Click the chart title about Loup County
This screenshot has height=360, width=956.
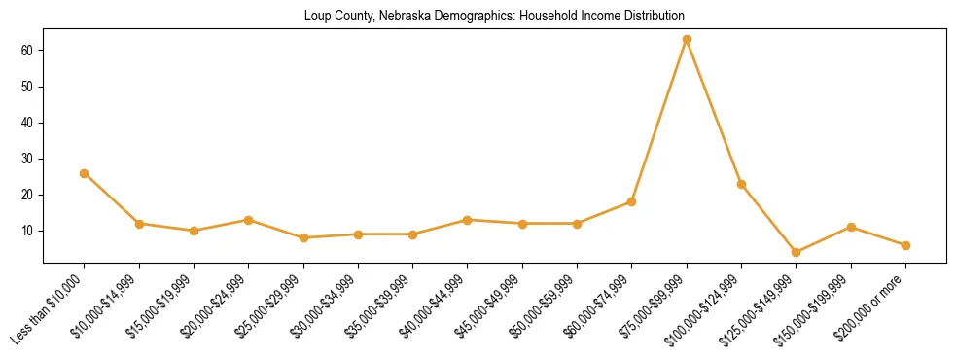click(494, 16)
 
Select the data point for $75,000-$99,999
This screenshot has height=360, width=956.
click(687, 40)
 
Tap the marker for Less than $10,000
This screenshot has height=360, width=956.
click(85, 173)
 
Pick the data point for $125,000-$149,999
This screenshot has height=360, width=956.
click(797, 252)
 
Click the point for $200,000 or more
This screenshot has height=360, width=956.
click(905, 245)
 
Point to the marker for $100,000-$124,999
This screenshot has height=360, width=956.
click(741, 184)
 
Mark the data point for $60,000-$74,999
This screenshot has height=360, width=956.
click(632, 202)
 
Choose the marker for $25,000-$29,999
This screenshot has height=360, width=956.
click(303, 237)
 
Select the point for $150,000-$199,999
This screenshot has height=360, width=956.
click(851, 227)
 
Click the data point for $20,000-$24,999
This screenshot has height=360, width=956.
click(249, 220)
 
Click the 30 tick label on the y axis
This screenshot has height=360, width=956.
click(27, 159)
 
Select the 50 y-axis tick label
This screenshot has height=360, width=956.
click(27, 87)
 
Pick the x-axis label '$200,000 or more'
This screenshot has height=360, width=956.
click(871, 308)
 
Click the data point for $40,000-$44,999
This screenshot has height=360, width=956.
click(468, 220)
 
